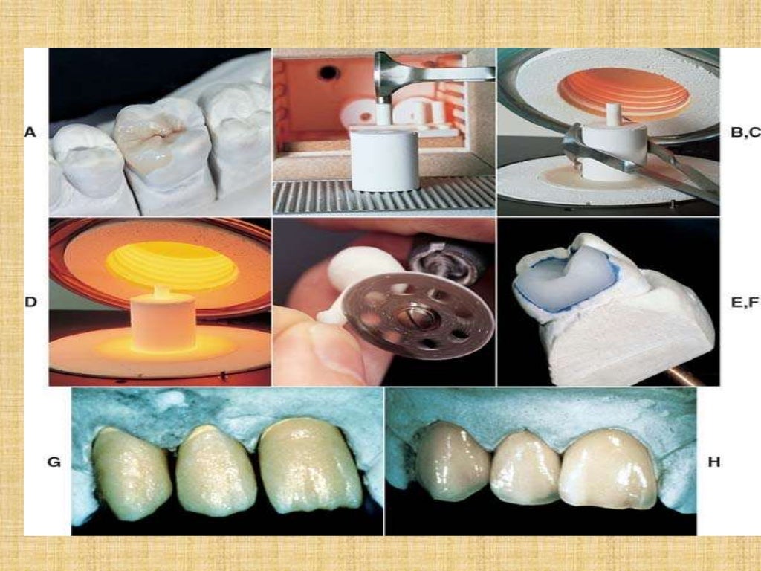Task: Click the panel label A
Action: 30,132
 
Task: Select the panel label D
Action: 30,303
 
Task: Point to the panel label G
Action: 54,462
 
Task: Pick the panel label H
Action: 713,462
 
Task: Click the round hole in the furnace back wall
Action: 328,72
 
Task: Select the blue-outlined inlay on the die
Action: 569,276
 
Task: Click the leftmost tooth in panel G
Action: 130,474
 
